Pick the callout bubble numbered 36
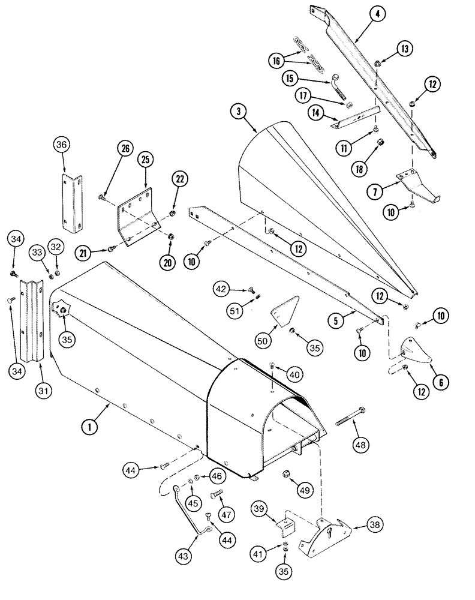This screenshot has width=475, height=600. [62, 145]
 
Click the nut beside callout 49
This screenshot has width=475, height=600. [287, 473]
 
